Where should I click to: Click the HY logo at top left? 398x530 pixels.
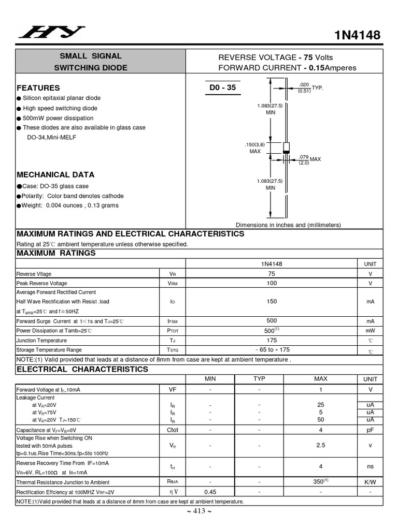[52, 33]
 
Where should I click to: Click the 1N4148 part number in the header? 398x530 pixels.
[358, 35]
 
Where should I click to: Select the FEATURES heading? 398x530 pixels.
[38, 88]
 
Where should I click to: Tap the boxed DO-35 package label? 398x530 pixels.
[223, 87]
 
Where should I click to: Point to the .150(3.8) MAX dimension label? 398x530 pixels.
[255, 148]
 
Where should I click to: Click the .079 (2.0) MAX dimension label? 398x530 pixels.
[309, 159]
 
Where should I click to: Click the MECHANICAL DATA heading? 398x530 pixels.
[55, 175]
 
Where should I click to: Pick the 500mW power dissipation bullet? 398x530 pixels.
[58, 118]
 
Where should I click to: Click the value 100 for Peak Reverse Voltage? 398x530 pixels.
[272, 283]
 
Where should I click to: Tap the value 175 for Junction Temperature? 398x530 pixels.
[272, 340]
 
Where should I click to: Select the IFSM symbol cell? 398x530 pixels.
[173, 321]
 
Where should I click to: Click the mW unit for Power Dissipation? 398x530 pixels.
[370, 331]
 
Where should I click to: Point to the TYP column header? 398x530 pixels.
[259, 379]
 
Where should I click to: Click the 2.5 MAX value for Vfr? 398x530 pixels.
[321, 445]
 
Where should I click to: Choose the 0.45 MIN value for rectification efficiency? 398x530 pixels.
[210, 492]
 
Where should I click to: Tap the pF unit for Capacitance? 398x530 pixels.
[370, 430]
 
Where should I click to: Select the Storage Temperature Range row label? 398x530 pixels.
[49, 350]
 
